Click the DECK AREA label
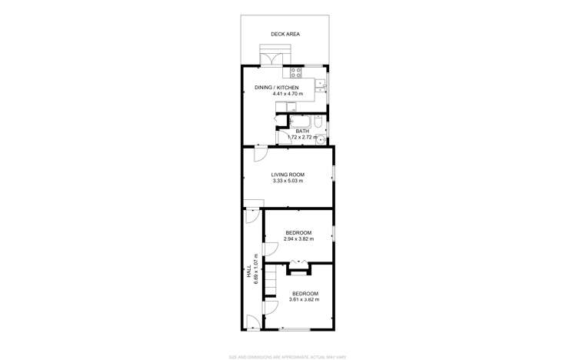pos(285,35)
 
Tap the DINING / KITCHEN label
pos(276,88)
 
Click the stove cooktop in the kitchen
pos(298,74)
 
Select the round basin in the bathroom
pos(325,139)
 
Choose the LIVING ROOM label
pos(288,175)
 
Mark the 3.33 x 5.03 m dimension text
pos(288,181)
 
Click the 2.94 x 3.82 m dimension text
pos(298,239)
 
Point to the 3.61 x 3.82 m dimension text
pos(304,300)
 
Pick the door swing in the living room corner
pos(260,154)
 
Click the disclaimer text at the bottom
pos(288,357)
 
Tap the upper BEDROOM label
pos(298,233)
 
